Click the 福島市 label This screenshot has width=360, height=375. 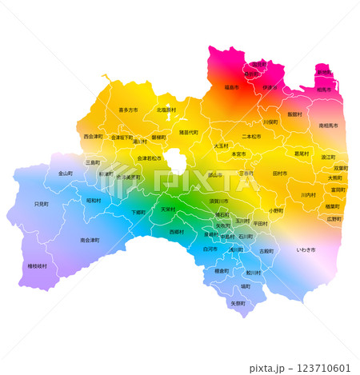[x=231, y=86]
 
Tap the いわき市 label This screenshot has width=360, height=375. [x=306, y=250]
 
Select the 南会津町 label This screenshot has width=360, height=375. [x=90, y=240]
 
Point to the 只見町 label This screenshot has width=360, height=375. [x=42, y=205]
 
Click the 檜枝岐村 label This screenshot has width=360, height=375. [x=38, y=265]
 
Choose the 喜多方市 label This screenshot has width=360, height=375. [x=128, y=110]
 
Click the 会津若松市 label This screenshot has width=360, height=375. [x=149, y=158]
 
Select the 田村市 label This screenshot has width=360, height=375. [x=280, y=173]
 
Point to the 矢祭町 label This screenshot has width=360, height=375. [x=238, y=304]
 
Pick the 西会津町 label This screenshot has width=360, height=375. [x=94, y=137]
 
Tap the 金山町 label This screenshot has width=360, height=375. [x=66, y=173]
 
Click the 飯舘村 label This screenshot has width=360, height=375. [x=295, y=114]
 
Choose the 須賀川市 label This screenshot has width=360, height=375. [x=218, y=201]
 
